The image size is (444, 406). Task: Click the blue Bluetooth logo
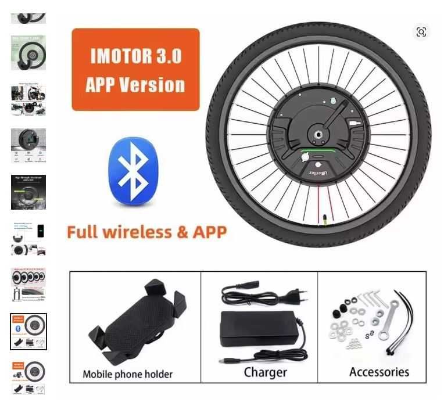tap(133, 171)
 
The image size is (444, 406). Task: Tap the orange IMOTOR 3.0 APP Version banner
tap(135, 70)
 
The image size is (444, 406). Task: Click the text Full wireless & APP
tap(146, 232)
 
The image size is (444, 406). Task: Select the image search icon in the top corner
tap(421, 32)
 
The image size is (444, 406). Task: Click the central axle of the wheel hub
tap(318, 135)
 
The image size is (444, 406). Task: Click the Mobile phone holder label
tap(127, 373)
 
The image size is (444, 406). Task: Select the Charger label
tap(265, 372)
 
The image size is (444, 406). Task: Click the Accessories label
tap(379, 372)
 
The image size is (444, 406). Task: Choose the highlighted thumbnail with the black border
tap(28, 332)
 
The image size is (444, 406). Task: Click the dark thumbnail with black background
tap(28, 192)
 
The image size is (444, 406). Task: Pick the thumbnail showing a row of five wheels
tap(28, 284)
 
